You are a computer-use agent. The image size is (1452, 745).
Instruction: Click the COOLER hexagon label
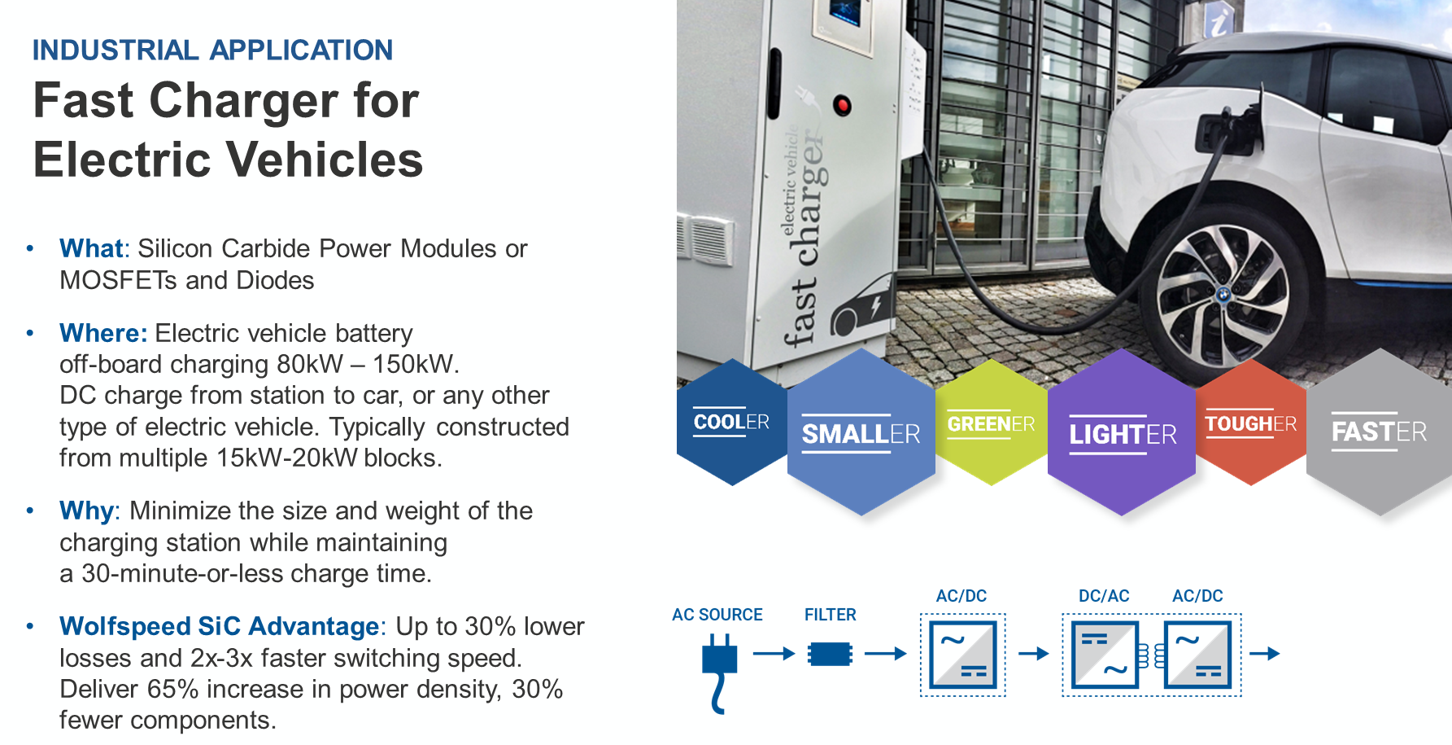731,422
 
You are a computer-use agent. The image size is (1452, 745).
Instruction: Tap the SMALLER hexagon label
861,434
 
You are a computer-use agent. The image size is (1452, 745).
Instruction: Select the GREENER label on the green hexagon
991,424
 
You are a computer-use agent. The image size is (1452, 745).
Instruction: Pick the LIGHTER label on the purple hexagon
1123,435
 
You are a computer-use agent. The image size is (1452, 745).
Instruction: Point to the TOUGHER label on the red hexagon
1251,424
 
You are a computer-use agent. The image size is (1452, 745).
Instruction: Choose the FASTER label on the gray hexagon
1379,432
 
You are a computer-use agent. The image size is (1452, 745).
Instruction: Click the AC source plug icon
719,673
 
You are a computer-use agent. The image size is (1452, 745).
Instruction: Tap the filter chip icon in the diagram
830,654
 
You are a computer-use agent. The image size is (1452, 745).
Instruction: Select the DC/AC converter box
1105,655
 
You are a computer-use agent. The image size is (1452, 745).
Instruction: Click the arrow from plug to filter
774,653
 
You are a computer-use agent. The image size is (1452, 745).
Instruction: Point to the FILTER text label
830,615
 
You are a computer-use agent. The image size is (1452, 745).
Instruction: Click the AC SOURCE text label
717,615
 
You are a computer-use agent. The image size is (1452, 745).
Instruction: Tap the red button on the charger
843,105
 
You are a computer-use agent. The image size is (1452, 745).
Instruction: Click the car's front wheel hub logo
1223,294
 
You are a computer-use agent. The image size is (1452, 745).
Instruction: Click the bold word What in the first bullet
91,248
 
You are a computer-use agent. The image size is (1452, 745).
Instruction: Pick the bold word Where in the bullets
102,333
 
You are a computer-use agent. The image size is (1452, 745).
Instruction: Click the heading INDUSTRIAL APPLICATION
212,50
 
